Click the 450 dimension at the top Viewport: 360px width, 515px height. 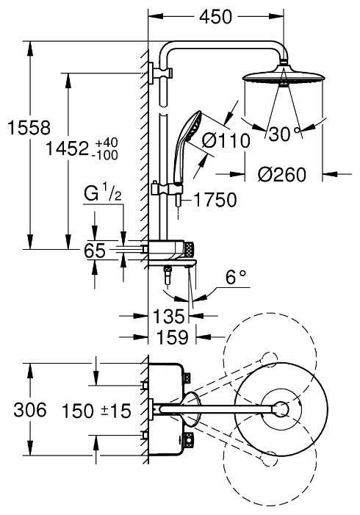click(x=215, y=16)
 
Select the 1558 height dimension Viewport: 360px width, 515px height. click(x=29, y=127)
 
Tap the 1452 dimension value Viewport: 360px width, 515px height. click(x=67, y=148)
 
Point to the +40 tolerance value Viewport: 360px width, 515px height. click(x=106, y=143)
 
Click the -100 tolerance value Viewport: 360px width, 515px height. click(x=105, y=155)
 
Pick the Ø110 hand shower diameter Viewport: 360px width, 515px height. click(x=226, y=141)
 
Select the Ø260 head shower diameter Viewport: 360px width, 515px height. click(x=282, y=174)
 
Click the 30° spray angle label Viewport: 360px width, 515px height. click(x=284, y=134)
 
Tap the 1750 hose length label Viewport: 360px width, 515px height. click(x=215, y=200)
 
